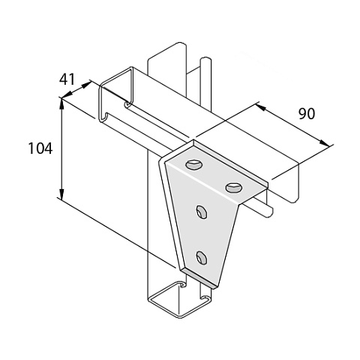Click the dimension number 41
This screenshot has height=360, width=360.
(x=67, y=79)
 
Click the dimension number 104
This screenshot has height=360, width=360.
(x=40, y=148)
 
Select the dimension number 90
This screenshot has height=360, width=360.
(x=307, y=114)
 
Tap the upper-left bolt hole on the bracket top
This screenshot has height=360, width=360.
(x=193, y=165)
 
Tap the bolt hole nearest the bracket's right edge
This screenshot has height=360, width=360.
(x=234, y=187)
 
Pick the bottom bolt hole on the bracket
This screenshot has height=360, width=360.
(x=202, y=257)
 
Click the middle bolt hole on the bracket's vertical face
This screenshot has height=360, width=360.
(x=202, y=212)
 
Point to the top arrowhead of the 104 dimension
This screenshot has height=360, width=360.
(x=61, y=104)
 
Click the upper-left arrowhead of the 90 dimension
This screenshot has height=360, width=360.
(x=260, y=106)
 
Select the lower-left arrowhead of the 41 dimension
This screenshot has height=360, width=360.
(x=67, y=94)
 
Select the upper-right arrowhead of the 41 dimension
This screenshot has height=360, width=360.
(x=85, y=85)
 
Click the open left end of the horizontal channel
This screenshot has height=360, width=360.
(x=114, y=94)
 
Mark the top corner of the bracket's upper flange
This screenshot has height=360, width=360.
(x=193, y=141)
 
